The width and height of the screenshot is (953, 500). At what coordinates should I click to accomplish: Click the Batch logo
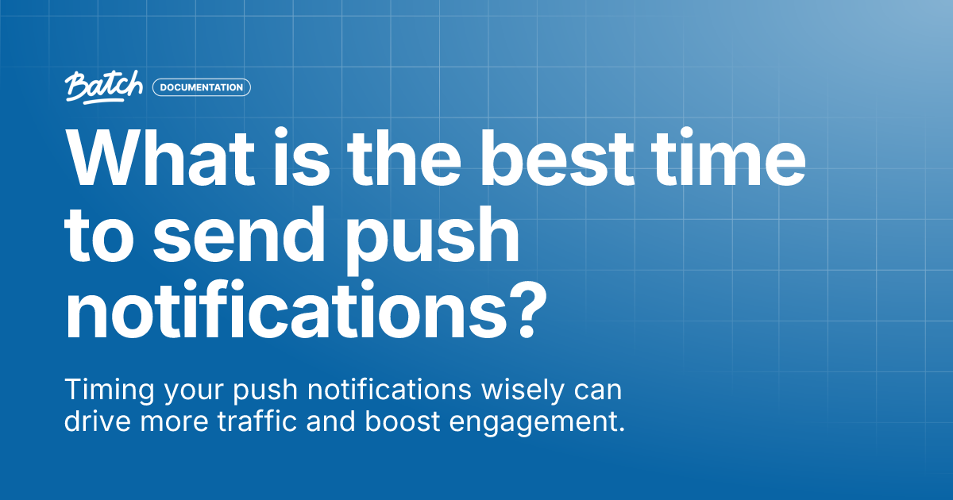click(105, 87)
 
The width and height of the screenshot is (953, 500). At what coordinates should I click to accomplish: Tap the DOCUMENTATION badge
click(202, 87)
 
